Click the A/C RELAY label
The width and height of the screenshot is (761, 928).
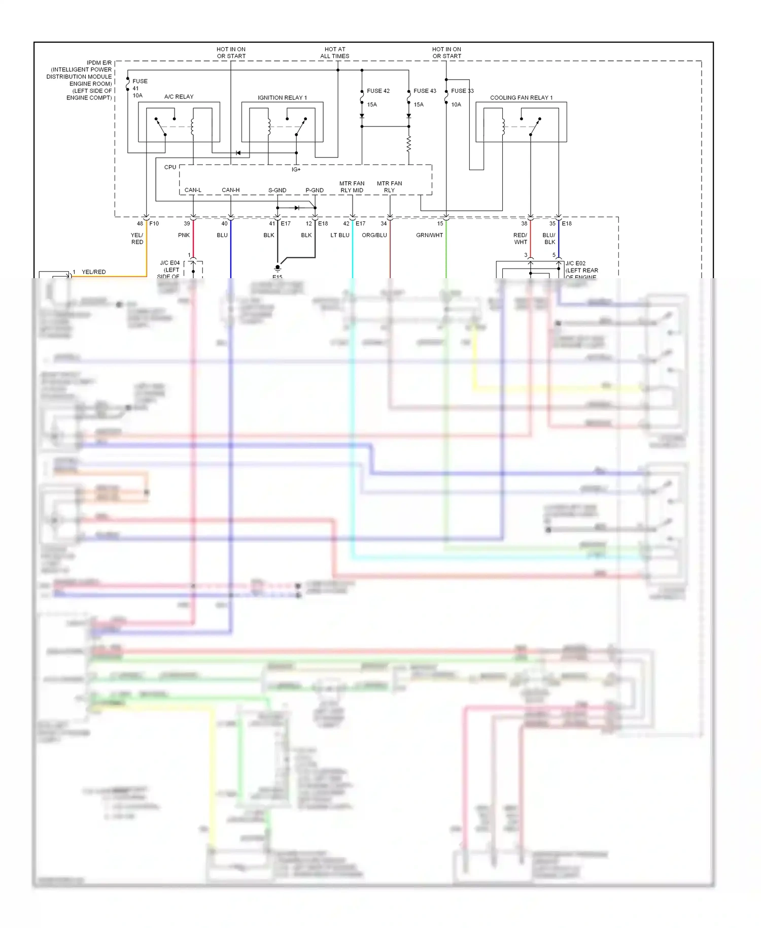pos(179,96)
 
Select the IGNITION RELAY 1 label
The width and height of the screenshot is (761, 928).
pos(282,97)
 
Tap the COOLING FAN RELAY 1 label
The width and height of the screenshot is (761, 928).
pos(521,97)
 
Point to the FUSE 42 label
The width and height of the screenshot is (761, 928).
pos(378,91)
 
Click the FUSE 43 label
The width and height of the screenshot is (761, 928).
pos(425,91)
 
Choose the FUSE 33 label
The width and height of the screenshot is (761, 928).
pos(462,91)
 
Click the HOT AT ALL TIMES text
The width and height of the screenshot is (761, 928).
pos(334,53)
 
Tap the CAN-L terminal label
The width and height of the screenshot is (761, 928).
pos(193,190)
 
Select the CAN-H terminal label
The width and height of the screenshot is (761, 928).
pos(230,190)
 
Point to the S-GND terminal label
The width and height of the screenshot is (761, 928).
pos(277,190)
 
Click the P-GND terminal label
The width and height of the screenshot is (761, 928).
pos(314,190)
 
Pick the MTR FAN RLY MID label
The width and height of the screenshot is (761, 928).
pos(352,187)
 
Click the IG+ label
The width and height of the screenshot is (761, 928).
pos(296,170)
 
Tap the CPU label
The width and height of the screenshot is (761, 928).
pos(170,167)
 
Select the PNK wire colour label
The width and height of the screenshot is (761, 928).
pos(184,235)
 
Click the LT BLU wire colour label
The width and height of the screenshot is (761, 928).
pos(339,235)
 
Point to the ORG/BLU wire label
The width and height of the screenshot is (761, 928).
pos(374,235)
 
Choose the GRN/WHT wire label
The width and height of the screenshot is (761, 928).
pos(429,235)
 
